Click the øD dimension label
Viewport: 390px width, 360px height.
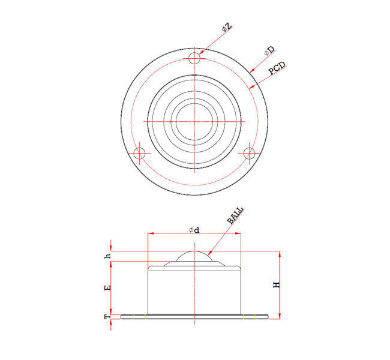[x=269, y=52]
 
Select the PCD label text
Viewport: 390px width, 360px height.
[x=277, y=68]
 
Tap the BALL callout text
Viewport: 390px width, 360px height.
[x=236, y=215]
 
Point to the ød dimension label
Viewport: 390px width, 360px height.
[x=194, y=230]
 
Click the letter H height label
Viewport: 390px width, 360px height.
[x=277, y=285]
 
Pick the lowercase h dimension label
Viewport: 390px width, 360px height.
[x=108, y=256]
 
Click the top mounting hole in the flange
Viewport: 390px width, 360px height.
[x=194, y=58]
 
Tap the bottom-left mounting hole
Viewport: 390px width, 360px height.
[x=139, y=153]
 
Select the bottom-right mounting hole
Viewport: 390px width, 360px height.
[x=249, y=153]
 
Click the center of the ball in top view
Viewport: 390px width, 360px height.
[x=194, y=121]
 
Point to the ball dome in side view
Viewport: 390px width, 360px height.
[x=194, y=256]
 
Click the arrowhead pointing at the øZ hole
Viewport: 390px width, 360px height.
[x=201, y=53]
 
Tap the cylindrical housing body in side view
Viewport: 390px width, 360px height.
[x=194, y=291]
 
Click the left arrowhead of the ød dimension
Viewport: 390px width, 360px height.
[x=151, y=234]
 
